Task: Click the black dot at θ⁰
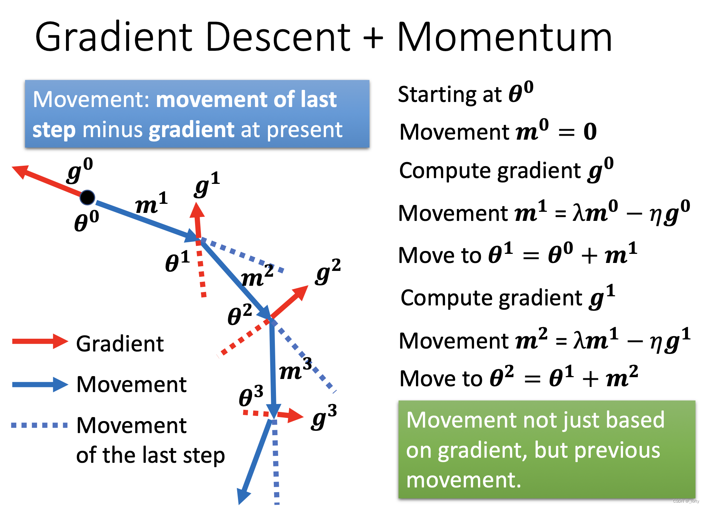[x=87, y=198]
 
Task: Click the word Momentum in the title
[x=505, y=37]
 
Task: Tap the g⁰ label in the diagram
[x=80, y=170]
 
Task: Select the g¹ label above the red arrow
[x=207, y=185]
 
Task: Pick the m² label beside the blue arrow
[x=257, y=276]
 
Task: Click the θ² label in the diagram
[x=240, y=314]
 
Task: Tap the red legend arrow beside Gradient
[x=40, y=341]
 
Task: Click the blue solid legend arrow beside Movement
[x=40, y=384]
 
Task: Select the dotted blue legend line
[x=39, y=425]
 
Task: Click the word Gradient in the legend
[x=120, y=344]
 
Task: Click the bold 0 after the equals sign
[x=590, y=132]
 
